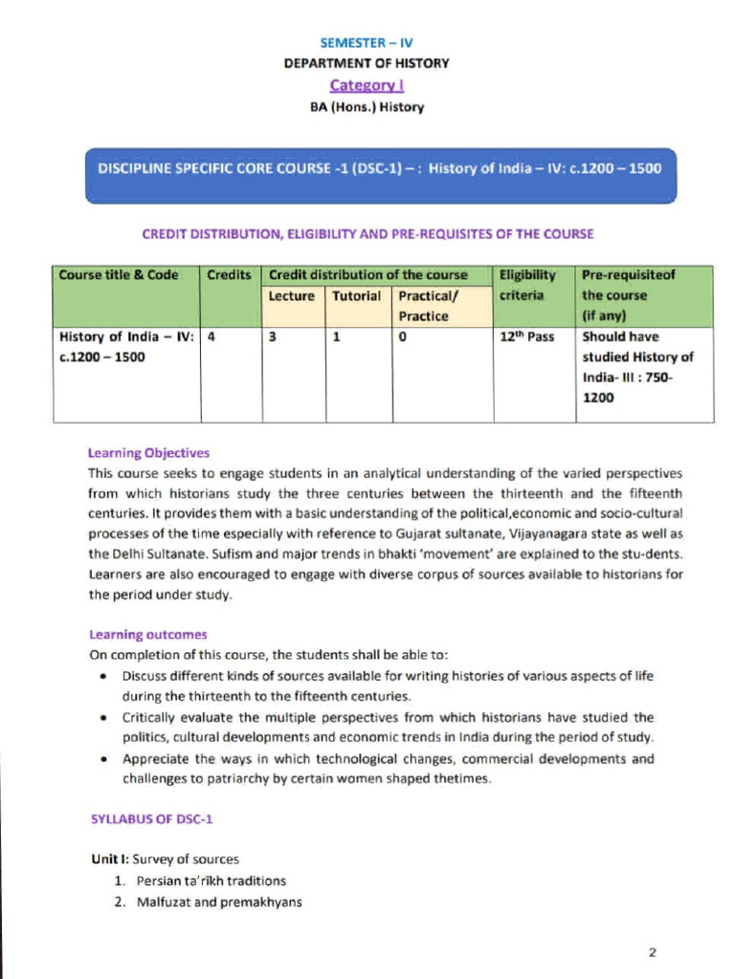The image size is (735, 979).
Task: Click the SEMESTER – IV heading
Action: [367, 44]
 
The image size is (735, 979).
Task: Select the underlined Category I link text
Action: [367, 85]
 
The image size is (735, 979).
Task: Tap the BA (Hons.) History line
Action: [367, 107]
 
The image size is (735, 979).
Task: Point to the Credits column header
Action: [229, 275]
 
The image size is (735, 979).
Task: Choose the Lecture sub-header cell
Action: [291, 296]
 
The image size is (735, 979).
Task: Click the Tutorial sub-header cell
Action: [356, 296]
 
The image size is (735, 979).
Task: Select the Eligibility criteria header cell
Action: [527, 285]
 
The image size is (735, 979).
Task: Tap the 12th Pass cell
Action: [527, 337]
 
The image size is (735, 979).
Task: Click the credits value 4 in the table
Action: [211, 337]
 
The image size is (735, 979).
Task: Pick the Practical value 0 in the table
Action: [403, 337]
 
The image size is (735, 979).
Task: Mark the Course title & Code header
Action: [119, 275]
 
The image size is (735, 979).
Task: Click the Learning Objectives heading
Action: [148, 453]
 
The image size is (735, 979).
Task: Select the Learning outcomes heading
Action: [147, 635]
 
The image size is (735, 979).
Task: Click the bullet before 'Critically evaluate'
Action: [103, 717]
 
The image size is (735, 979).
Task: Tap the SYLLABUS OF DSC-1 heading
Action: [143, 818]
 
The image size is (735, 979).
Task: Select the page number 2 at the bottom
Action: [652, 952]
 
